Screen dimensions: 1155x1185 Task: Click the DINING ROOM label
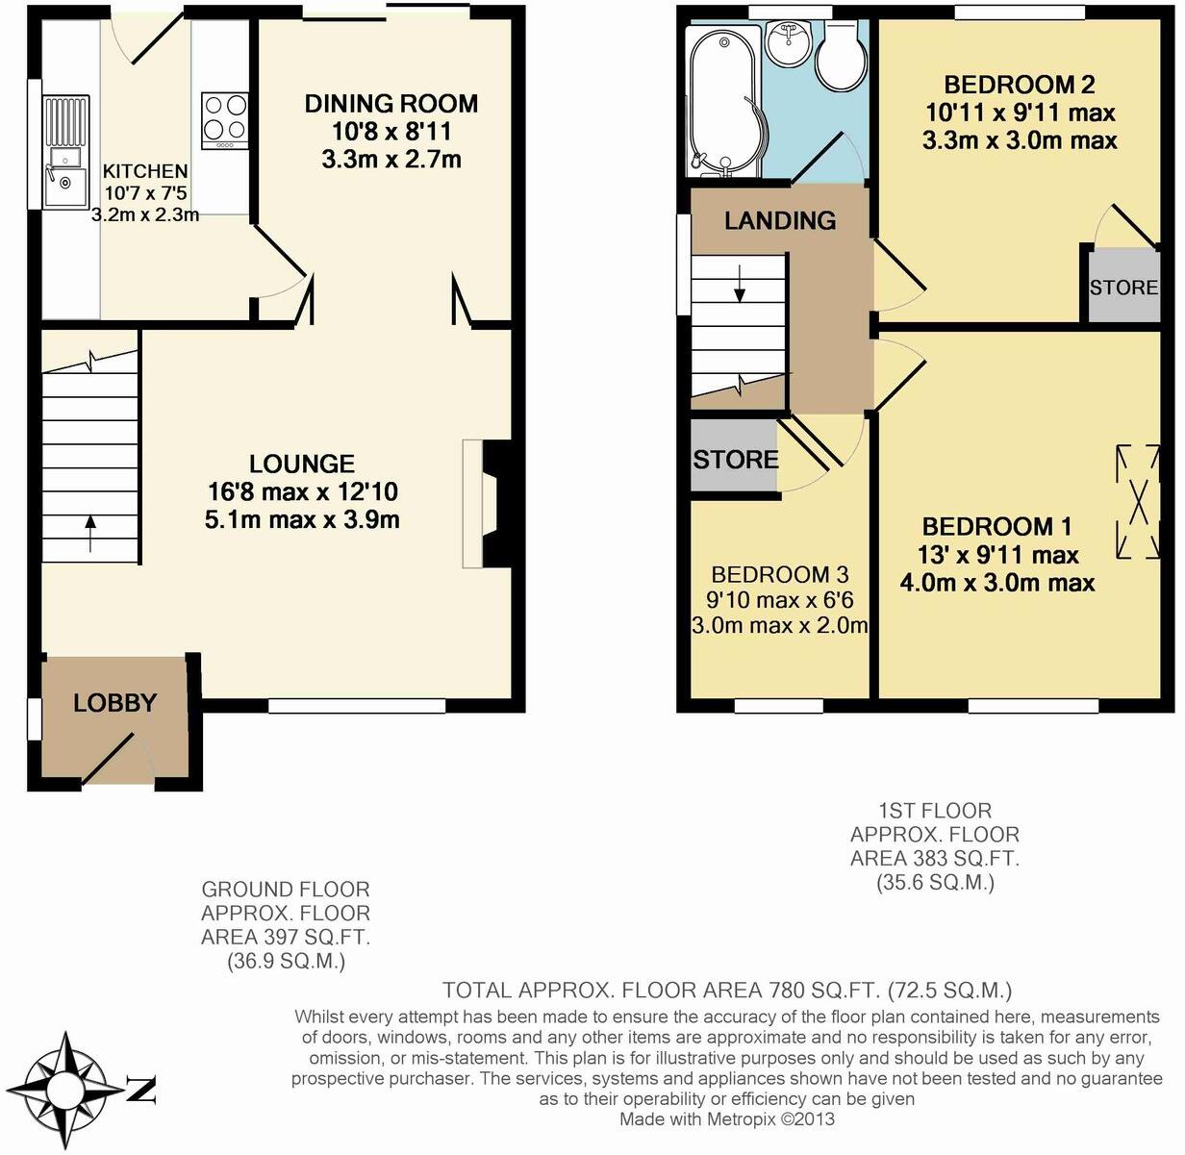pos(391,103)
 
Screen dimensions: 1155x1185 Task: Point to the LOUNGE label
pos(302,465)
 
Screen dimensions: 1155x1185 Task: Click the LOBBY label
pos(114,703)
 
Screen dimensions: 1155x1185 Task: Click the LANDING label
pos(779,220)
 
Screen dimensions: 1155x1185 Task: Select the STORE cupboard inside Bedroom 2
pos(1122,287)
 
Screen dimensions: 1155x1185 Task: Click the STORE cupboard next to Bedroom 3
pos(735,459)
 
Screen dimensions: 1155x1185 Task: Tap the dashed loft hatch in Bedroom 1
pos(1138,501)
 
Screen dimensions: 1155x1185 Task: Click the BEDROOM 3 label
pos(779,575)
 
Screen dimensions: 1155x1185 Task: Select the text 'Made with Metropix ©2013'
pos(726,1119)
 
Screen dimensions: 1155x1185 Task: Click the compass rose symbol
pos(65,1091)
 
